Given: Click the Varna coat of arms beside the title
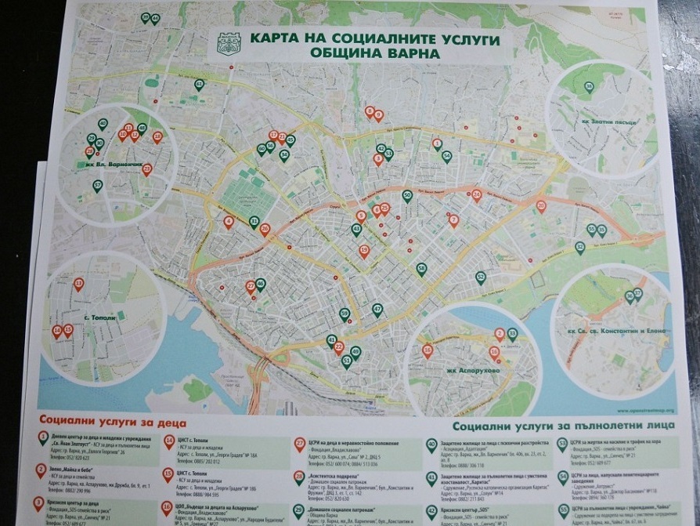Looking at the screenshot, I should [229, 43].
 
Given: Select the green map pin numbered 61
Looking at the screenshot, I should [199, 84].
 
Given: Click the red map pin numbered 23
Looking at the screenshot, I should [146, 169].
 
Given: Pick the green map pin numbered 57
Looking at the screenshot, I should [98, 186].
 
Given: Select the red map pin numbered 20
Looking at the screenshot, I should [541, 206].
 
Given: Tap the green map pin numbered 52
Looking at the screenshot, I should [481, 278].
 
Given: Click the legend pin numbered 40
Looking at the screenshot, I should [431, 444].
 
